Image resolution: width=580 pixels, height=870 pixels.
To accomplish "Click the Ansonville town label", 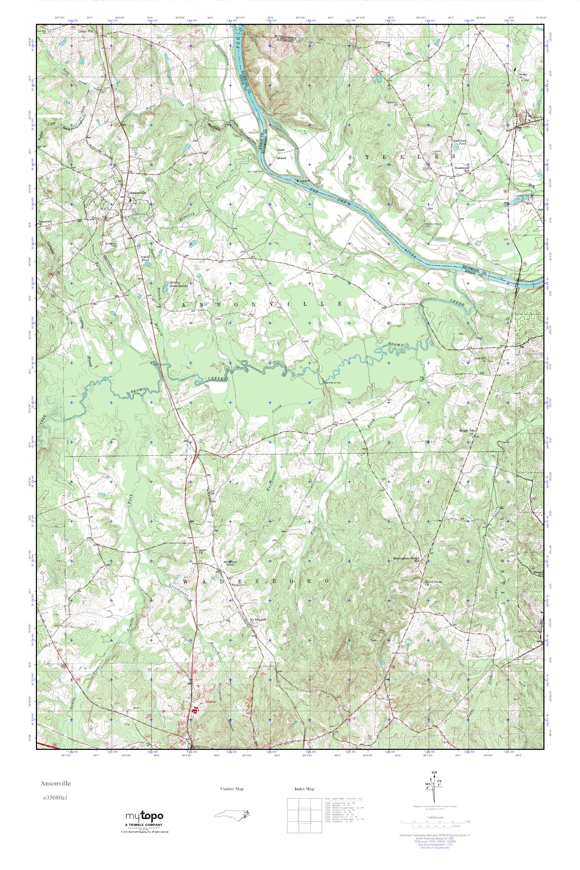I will (x=138, y=193).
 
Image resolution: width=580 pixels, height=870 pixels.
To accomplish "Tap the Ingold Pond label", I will (x=145, y=258).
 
